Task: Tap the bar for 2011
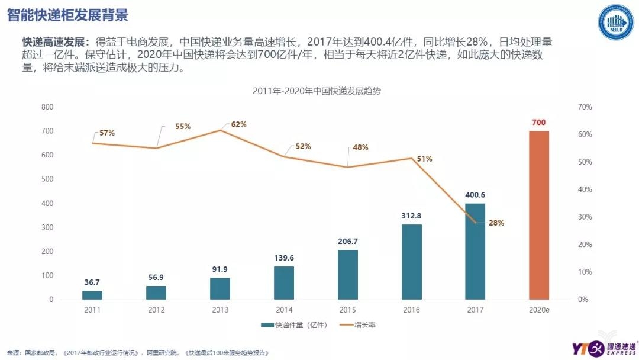(x=92, y=295)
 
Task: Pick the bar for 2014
(x=283, y=282)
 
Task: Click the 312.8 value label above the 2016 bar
(x=411, y=216)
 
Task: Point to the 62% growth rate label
(x=238, y=124)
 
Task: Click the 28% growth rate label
(x=496, y=223)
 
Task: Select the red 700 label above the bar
(x=538, y=122)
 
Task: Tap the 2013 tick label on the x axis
(x=220, y=310)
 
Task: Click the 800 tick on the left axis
(x=47, y=107)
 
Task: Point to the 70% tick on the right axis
(x=585, y=107)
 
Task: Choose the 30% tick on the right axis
(x=585, y=217)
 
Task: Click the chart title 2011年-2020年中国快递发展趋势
(x=319, y=91)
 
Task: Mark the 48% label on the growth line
(x=361, y=147)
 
